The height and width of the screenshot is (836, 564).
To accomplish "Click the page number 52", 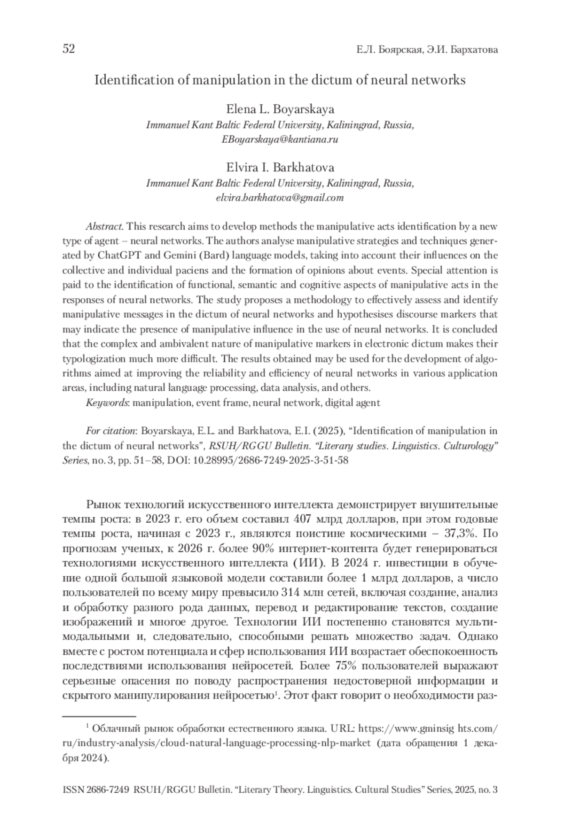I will click(69, 49).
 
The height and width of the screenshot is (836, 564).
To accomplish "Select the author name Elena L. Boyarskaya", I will click(280, 110).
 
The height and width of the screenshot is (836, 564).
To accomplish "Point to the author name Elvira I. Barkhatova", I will click(280, 168).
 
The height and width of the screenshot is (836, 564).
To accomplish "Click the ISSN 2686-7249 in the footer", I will click(96, 790).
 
